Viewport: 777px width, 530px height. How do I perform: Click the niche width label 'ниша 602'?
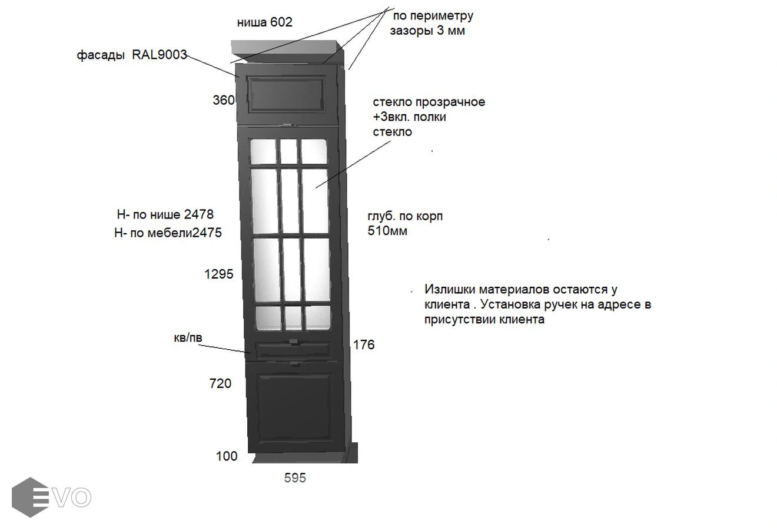coord(264,22)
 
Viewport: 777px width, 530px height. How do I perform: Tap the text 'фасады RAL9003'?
coord(132,55)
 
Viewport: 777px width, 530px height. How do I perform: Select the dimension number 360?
coord(224,100)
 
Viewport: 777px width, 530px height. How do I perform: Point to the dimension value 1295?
coord(218,274)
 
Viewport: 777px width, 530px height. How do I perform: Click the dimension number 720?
coord(220,383)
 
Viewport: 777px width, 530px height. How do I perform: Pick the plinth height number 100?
coord(227,456)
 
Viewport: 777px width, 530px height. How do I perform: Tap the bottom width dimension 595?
coord(295,478)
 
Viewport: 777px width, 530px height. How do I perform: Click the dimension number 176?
coord(363,345)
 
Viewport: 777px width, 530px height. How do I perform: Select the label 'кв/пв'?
coord(188,338)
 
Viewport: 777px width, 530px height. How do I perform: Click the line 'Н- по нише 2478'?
coord(165,214)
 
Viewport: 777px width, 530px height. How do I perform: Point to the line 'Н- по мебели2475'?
coord(168,233)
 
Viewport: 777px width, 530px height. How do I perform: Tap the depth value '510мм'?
coord(387,231)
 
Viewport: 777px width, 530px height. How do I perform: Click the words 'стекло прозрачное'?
coord(429,102)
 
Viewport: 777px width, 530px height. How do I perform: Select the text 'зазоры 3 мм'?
coord(427,31)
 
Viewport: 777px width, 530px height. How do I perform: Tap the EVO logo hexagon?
coord(30,498)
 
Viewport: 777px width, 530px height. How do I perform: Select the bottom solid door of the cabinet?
coord(294,406)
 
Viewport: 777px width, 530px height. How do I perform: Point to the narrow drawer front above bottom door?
coord(293,349)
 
